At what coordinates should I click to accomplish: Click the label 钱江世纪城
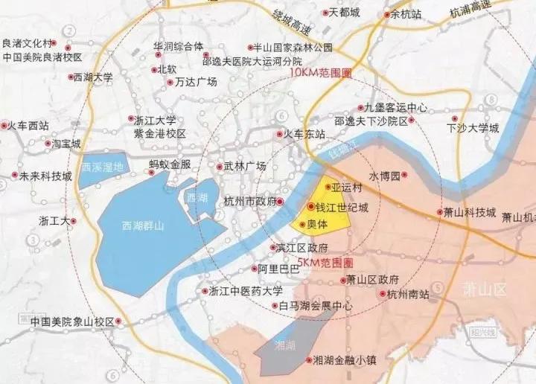[343, 207]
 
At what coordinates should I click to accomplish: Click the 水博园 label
[384, 176]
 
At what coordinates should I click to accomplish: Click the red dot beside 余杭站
[386, 14]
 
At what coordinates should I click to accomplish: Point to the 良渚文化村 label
[29, 43]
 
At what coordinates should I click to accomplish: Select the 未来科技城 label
[45, 176]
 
